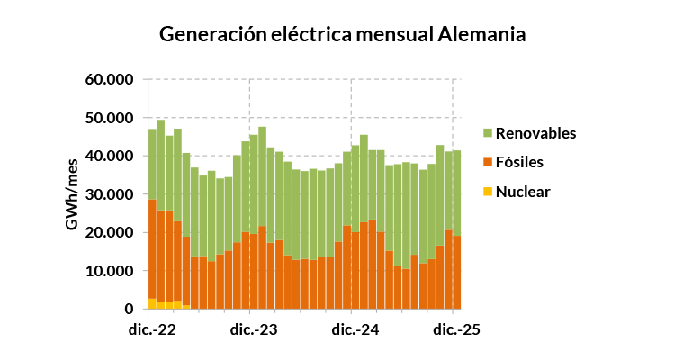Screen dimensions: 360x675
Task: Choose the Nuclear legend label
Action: pyautogui.click(x=523, y=192)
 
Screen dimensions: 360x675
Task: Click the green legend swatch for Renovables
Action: pyautogui.click(x=488, y=133)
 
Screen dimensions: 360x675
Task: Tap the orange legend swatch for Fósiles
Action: pyautogui.click(x=488, y=163)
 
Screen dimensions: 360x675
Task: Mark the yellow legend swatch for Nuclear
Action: pyautogui.click(x=488, y=192)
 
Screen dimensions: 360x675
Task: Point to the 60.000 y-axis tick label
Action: pyautogui.click(x=110, y=79)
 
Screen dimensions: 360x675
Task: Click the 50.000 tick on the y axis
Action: pyautogui.click(x=110, y=118)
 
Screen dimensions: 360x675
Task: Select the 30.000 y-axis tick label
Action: pyautogui.click(x=110, y=194)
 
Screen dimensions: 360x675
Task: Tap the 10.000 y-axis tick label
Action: pyautogui.click(x=110, y=271)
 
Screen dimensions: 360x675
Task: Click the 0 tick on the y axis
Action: pyautogui.click(x=130, y=310)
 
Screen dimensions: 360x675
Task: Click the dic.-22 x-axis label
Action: pyautogui.click(x=150, y=329)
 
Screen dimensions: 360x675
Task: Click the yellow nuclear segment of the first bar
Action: pyautogui.click(x=152, y=304)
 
